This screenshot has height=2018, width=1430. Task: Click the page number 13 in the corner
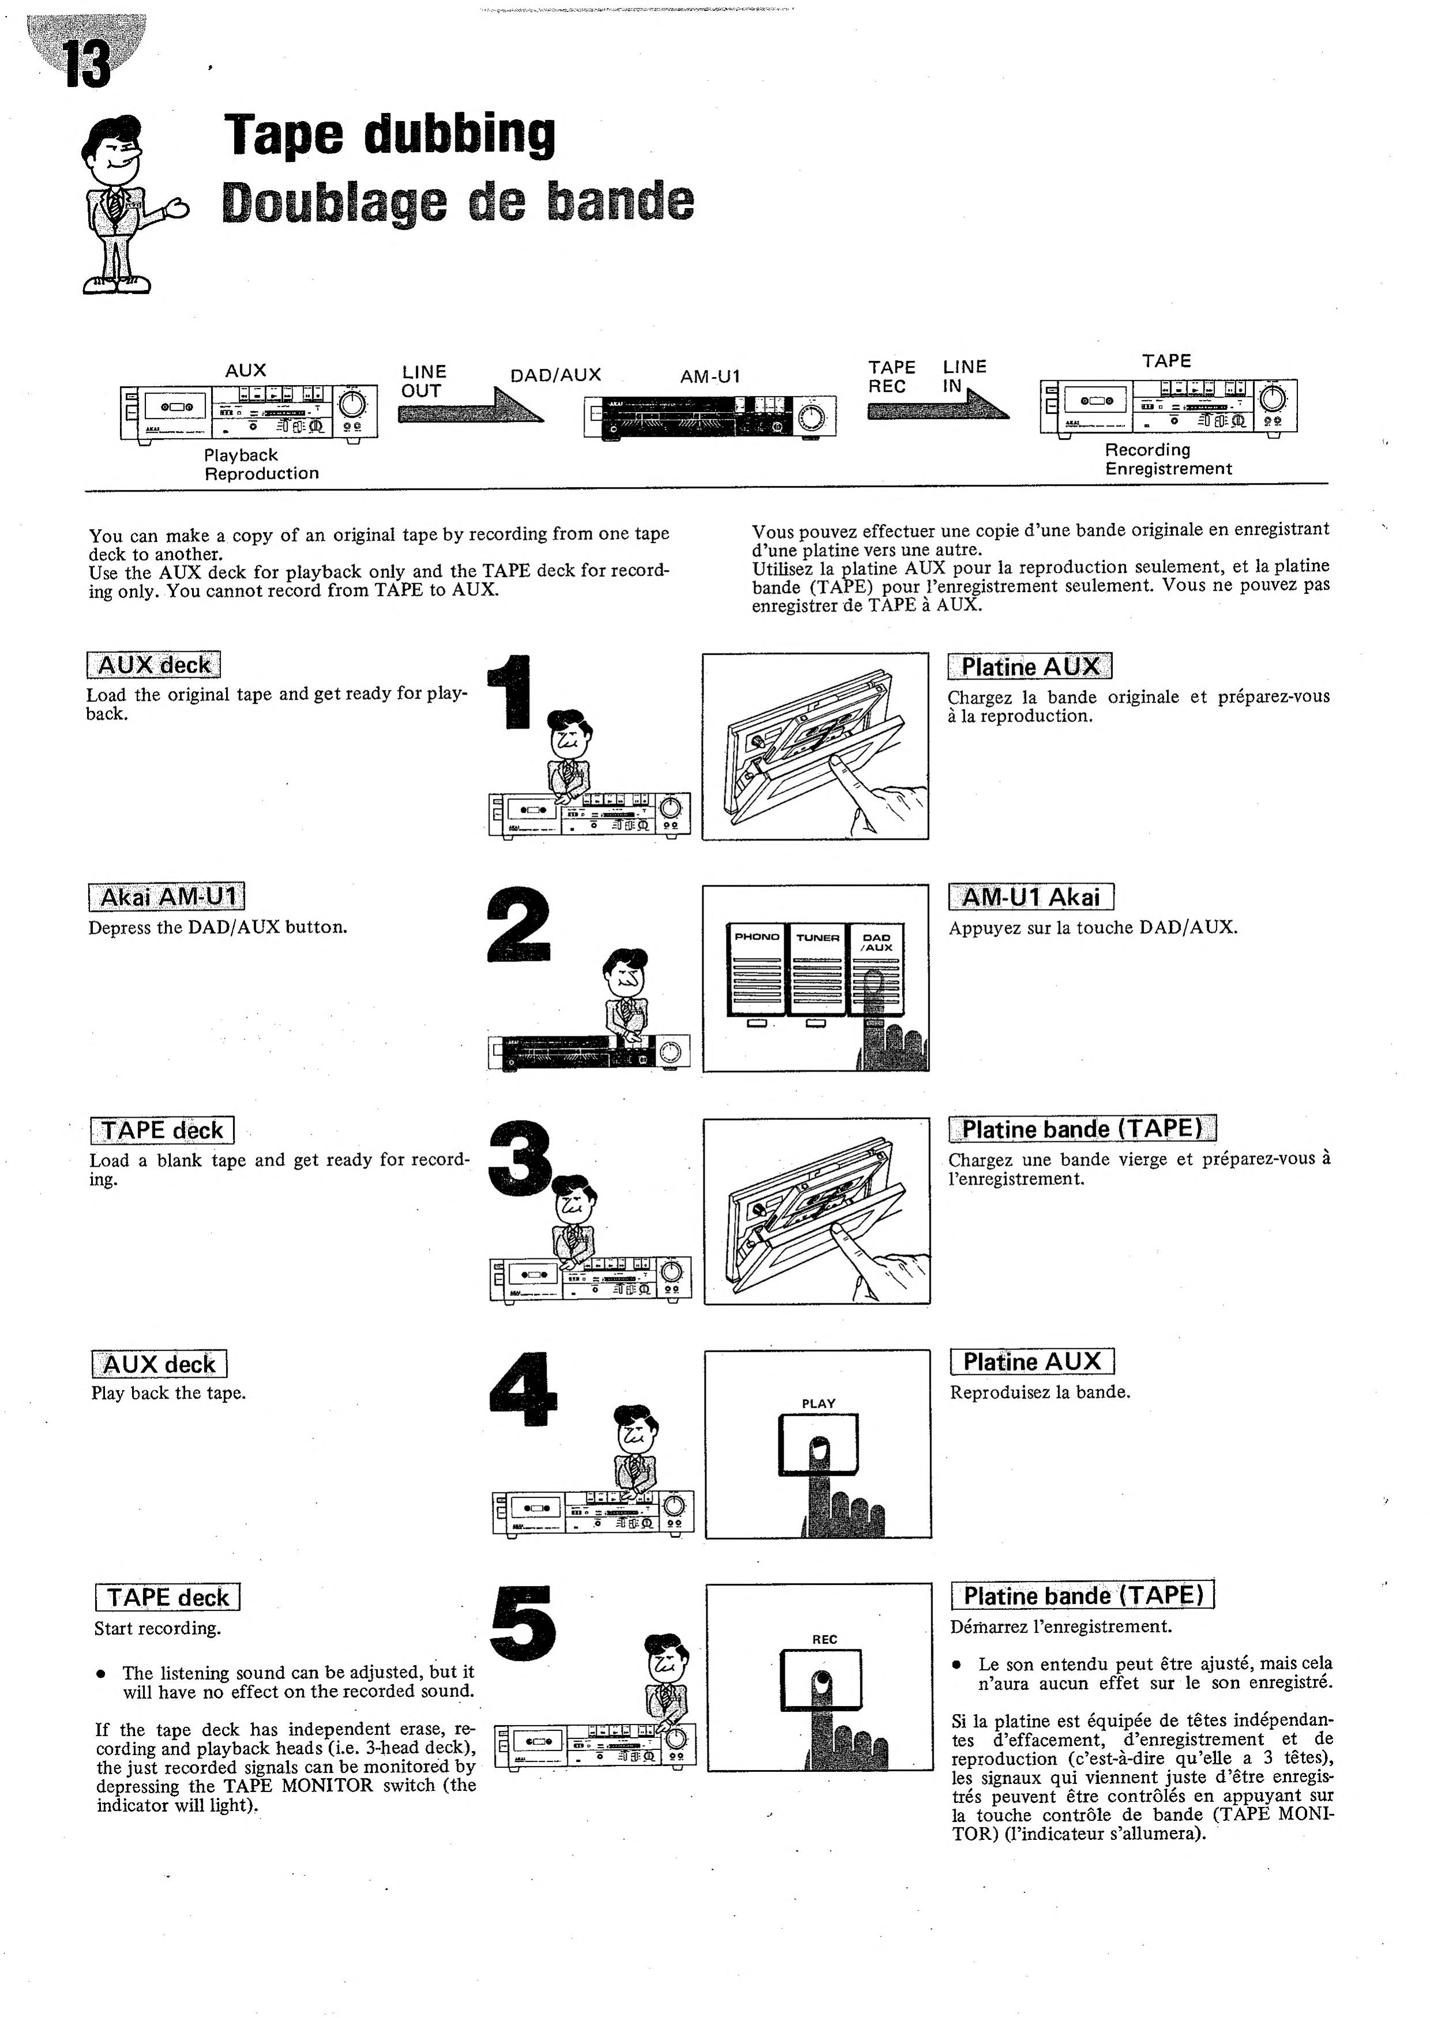[x=87, y=64]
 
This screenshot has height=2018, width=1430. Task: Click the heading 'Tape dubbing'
[x=389, y=134]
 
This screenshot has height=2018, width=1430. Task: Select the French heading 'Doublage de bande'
[x=458, y=202]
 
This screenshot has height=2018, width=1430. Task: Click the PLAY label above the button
[x=818, y=1404]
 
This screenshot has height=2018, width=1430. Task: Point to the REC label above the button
[x=824, y=1639]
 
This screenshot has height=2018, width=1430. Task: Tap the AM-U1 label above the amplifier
[x=710, y=376]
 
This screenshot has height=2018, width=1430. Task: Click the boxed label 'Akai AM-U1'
[x=167, y=897]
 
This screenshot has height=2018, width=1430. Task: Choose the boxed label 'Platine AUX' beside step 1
[x=1029, y=666]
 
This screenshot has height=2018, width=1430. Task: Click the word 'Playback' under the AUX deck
[x=240, y=455]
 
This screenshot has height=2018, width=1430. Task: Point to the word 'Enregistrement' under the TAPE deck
[x=1168, y=468]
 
